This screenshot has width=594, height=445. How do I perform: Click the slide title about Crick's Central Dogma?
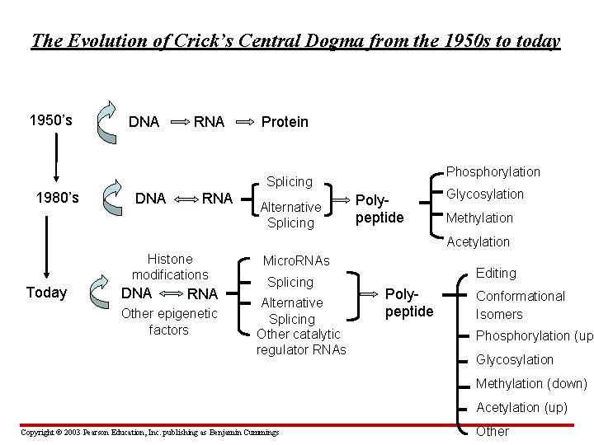pyautogui.click(x=295, y=40)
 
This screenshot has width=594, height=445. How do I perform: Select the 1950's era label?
pyautogui.click(x=50, y=120)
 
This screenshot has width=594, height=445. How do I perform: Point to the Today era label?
pyautogui.click(x=47, y=293)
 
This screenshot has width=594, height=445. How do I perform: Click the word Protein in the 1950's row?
pyautogui.click(x=285, y=122)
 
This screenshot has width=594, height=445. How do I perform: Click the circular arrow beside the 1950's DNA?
pyautogui.click(x=106, y=120)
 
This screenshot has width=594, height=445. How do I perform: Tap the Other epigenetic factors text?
pyautogui.click(x=168, y=321)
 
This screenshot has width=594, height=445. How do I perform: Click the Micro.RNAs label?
pyautogui.click(x=295, y=261)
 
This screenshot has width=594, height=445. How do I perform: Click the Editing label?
pyautogui.click(x=496, y=273)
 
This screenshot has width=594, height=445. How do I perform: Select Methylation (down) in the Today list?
pyautogui.click(x=532, y=383)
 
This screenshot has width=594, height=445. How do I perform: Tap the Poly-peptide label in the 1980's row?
pyautogui.click(x=379, y=208)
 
